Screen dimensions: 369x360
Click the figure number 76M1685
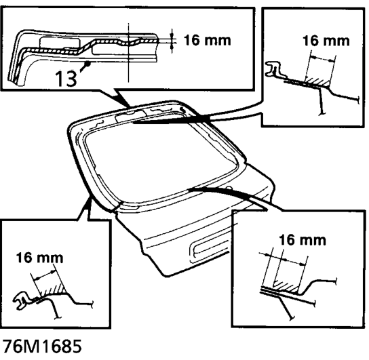click(41, 346)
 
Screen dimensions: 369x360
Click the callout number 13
click(66, 78)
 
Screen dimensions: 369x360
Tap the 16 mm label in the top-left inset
click(208, 40)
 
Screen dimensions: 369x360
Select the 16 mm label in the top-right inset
click(326, 41)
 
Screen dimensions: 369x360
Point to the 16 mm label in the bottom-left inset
click(39, 258)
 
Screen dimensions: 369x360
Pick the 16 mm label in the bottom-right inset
click(303, 240)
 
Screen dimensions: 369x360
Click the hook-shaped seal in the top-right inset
click(273, 69)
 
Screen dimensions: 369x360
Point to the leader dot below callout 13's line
click(88, 63)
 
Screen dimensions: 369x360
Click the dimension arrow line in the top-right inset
click(322, 58)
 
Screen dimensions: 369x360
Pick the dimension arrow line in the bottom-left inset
click(45, 275)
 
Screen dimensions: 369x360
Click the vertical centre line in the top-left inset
click(128, 52)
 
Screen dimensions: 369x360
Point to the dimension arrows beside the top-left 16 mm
click(172, 41)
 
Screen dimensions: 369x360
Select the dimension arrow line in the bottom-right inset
click(284, 259)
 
